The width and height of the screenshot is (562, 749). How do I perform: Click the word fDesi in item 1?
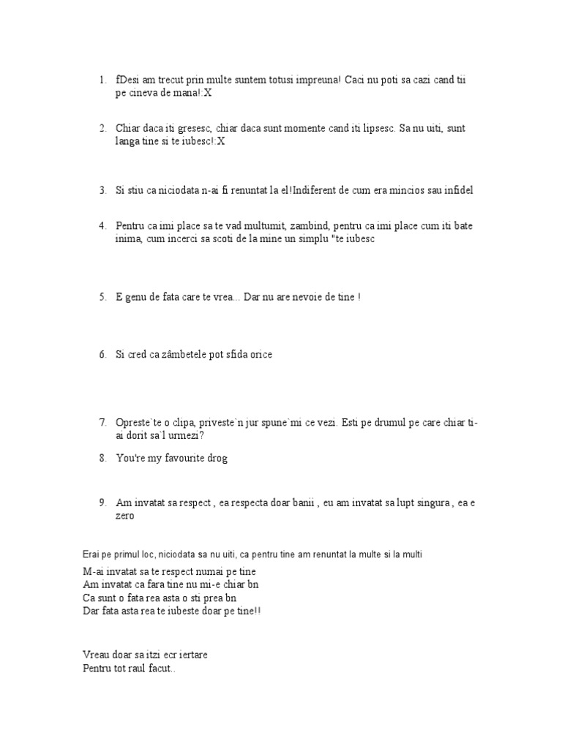click(x=128, y=80)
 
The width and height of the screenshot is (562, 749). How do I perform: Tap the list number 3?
click(x=103, y=190)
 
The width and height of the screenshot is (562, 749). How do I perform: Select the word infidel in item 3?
click(x=458, y=190)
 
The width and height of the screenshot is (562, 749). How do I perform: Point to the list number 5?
click(x=103, y=298)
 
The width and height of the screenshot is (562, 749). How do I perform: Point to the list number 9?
click(x=103, y=503)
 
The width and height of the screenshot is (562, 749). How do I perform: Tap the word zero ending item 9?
click(x=125, y=516)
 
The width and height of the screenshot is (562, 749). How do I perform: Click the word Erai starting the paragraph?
click(x=93, y=554)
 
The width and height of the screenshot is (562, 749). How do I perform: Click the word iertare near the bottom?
click(x=199, y=655)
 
